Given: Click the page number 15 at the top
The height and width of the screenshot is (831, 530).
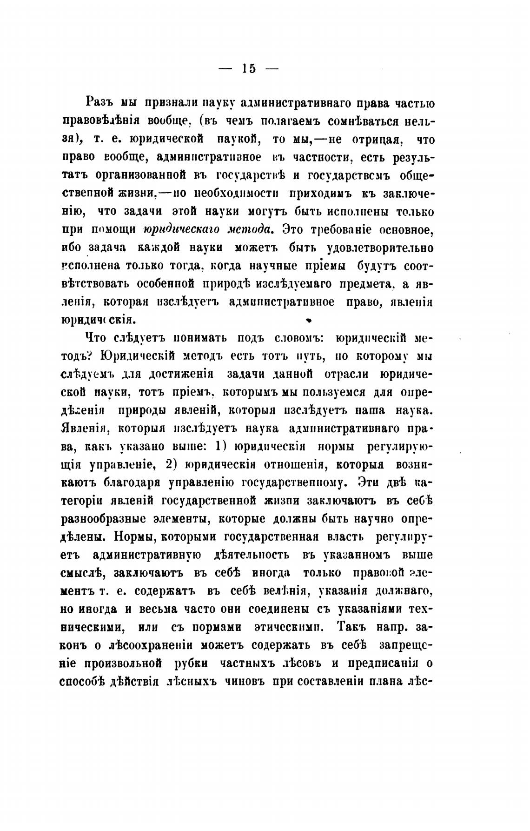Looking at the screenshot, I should click(249, 68).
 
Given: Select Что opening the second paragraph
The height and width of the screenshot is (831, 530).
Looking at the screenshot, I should click(96, 338).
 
